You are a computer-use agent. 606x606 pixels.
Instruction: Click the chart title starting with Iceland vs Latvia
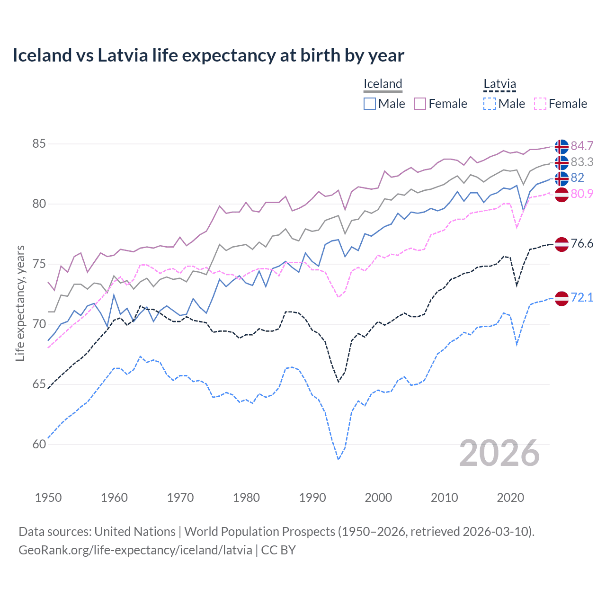[208, 55]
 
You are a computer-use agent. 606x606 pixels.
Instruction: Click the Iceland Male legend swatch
[370, 104]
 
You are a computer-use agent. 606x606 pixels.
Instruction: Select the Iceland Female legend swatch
[420, 104]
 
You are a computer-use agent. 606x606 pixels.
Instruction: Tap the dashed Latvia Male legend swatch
[490, 104]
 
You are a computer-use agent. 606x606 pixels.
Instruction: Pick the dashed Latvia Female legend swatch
[540, 104]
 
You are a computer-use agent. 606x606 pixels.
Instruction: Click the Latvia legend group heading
[499, 84]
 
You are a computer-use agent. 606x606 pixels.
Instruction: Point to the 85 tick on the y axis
[39, 143]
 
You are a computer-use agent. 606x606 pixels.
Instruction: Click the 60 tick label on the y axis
[39, 444]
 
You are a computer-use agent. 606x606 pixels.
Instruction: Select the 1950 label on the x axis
[48, 498]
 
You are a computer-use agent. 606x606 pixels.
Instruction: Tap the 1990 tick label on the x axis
[312, 498]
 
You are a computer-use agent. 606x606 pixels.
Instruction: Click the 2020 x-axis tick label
[510, 498]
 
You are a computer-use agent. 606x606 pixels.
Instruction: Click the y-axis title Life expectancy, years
[20, 303]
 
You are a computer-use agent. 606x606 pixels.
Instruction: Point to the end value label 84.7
[582, 146]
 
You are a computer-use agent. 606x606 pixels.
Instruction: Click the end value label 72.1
[582, 297]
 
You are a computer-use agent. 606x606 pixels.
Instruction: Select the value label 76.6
[582, 243]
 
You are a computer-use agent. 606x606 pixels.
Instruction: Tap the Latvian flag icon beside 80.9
[561, 195]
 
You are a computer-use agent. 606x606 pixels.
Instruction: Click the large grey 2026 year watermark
[499, 453]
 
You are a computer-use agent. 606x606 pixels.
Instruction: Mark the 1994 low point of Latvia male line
[339, 459]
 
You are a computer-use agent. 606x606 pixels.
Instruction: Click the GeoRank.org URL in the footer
[135, 550]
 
